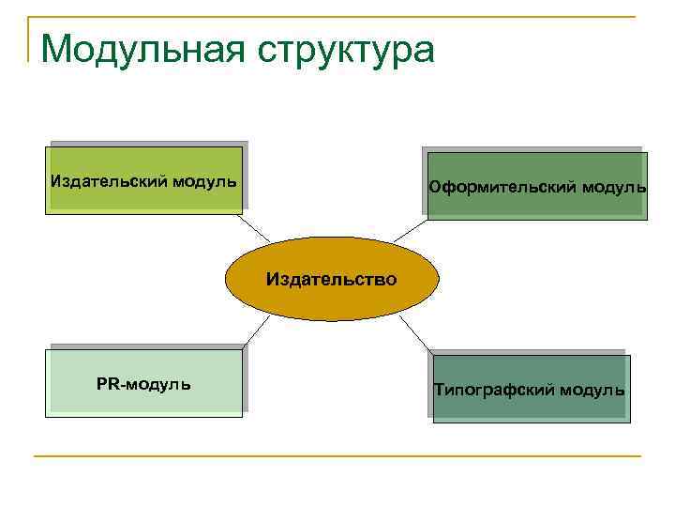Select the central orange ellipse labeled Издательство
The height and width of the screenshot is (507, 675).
coord(331,279)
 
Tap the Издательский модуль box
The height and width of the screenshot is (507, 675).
coord(143,179)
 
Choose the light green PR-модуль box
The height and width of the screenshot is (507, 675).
coord(143,383)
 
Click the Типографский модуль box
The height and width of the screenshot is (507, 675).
coord(530,389)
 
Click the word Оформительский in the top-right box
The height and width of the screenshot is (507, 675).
coord(502,187)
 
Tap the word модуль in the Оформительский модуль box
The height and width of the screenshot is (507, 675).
coord(614,187)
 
